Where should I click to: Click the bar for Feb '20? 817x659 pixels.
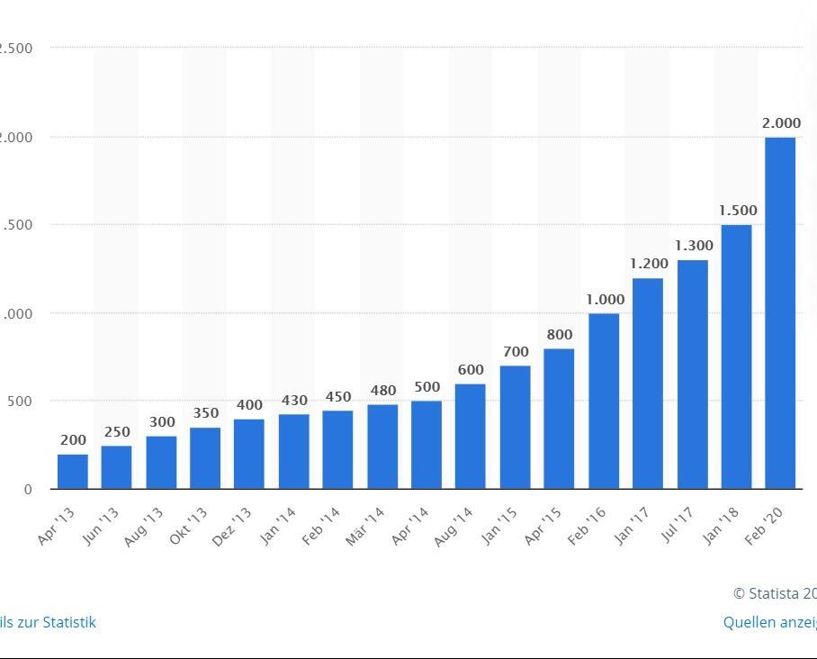pyautogui.click(x=780, y=312)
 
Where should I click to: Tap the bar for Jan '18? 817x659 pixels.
pyautogui.click(x=736, y=357)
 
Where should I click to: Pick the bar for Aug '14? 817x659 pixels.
pyautogui.click(x=471, y=436)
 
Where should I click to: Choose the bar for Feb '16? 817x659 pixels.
pyautogui.click(x=604, y=401)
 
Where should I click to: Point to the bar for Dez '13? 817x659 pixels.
pyautogui.click(x=249, y=454)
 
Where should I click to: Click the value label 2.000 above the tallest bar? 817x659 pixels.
pyautogui.click(x=781, y=122)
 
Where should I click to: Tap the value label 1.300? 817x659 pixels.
pyautogui.click(x=694, y=246)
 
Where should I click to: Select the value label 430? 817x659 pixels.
pyautogui.click(x=294, y=401)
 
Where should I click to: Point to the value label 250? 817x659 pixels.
pyautogui.click(x=117, y=432)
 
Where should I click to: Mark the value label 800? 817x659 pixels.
pyautogui.click(x=559, y=335)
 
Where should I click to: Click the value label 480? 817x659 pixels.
pyautogui.click(x=382, y=391)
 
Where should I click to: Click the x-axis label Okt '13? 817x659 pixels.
pyautogui.click(x=189, y=527)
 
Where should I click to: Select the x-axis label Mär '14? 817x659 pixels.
pyautogui.click(x=365, y=527)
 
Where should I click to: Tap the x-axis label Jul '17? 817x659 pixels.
pyautogui.click(x=677, y=527)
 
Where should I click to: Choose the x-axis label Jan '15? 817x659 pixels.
pyautogui.click(x=498, y=527)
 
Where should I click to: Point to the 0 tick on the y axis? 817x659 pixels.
pyautogui.click(x=28, y=490)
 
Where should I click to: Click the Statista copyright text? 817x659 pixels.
pyautogui.click(x=774, y=593)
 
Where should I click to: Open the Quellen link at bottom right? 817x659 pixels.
pyautogui.click(x=769, y=622)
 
